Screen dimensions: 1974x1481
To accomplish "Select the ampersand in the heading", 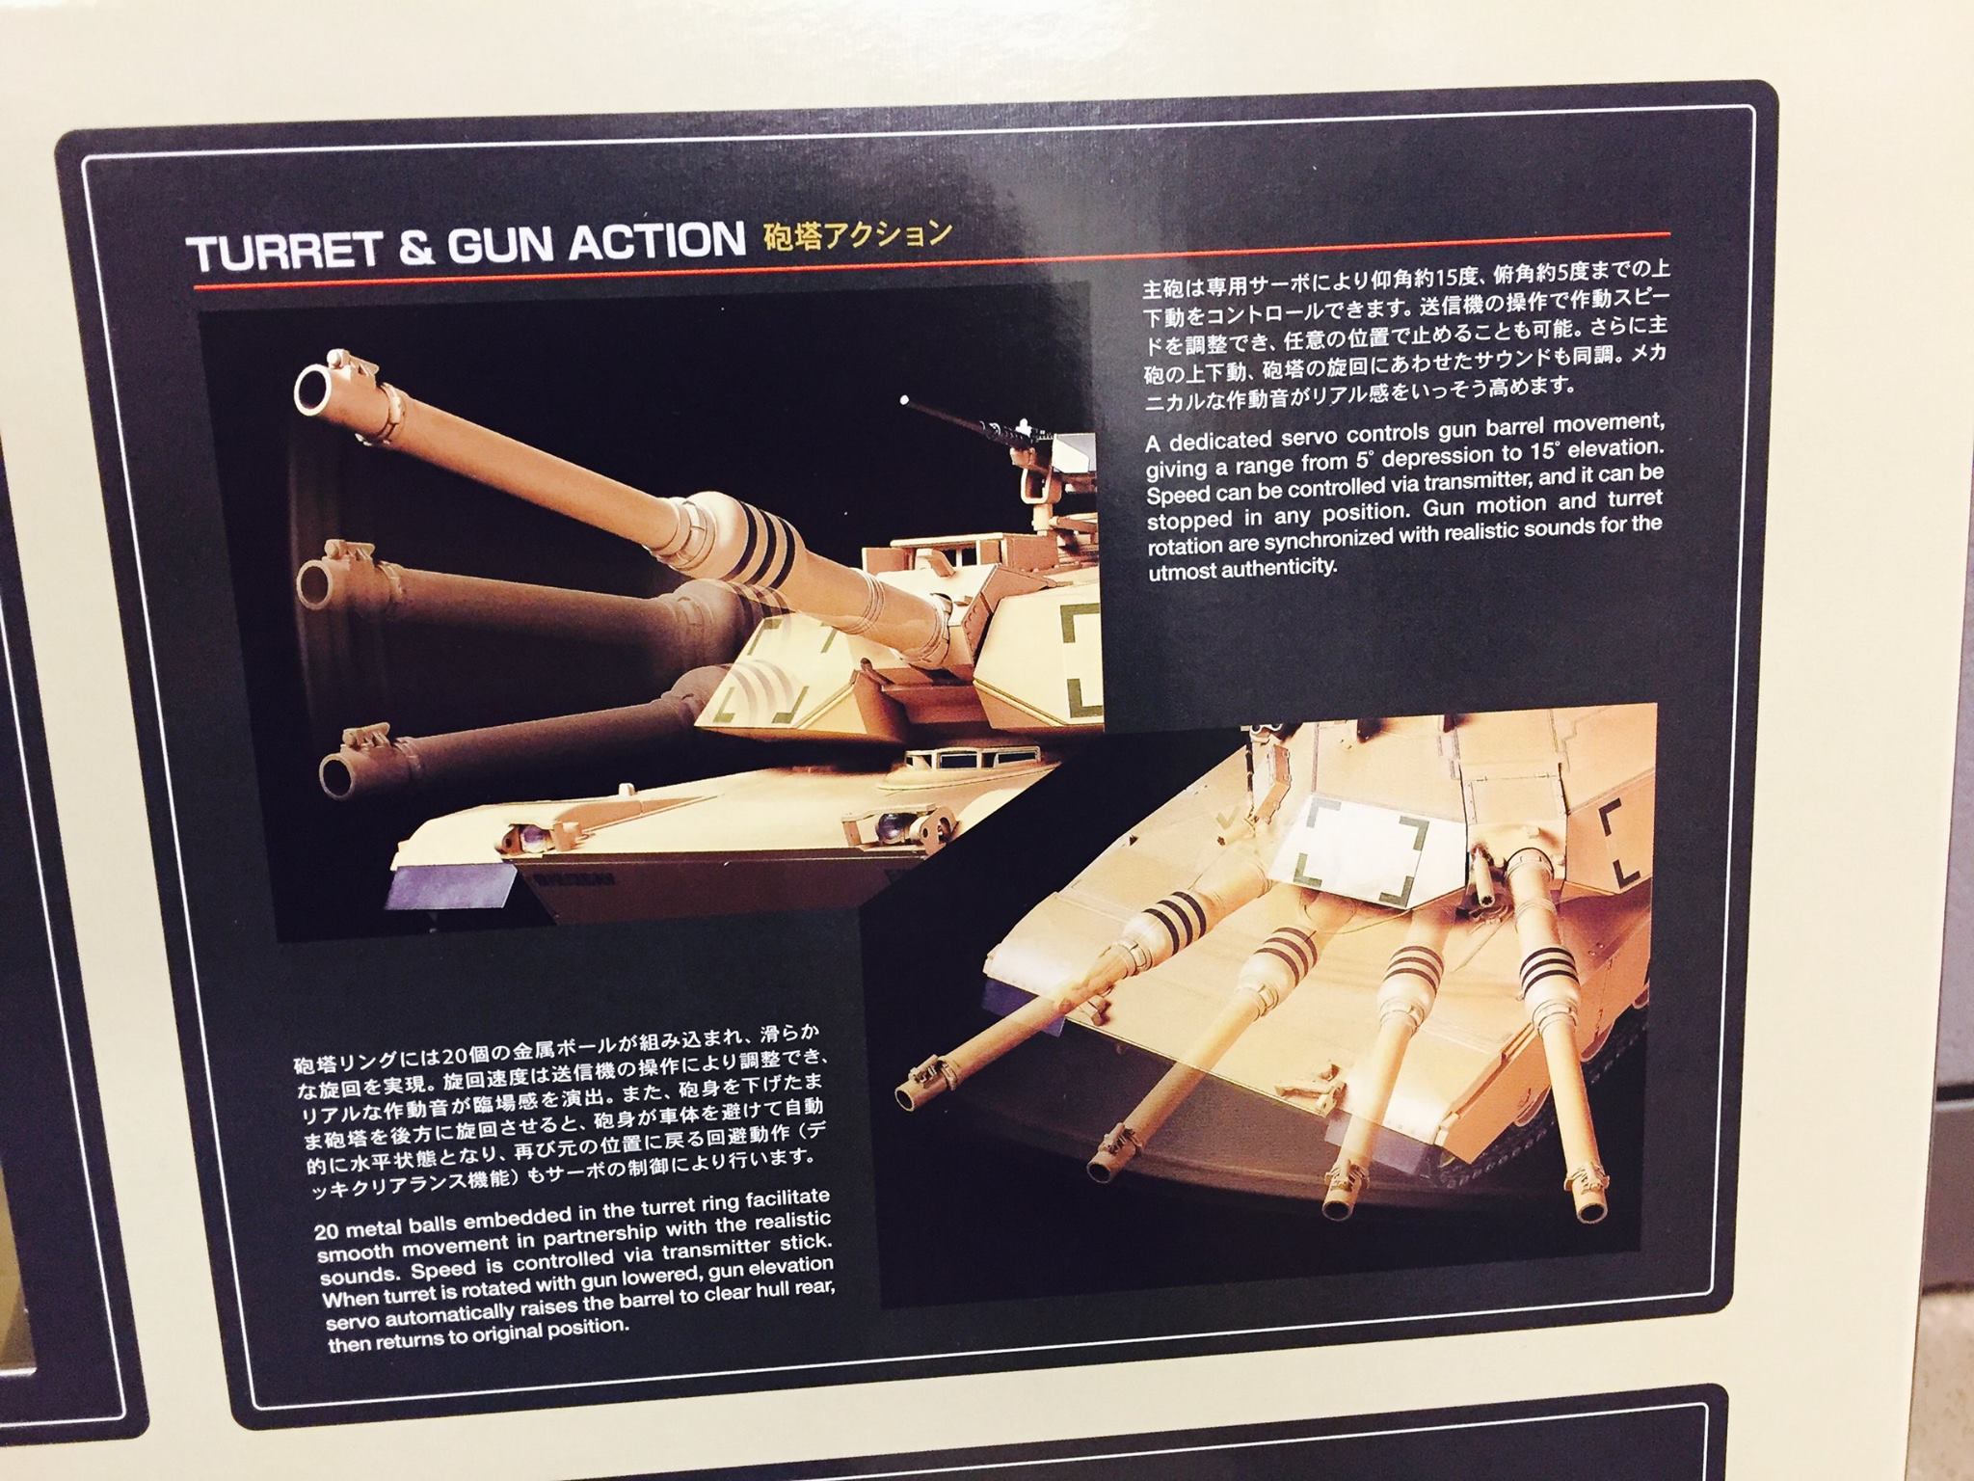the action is point(398,249).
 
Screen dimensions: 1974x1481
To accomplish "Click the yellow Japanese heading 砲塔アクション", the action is point(856,237).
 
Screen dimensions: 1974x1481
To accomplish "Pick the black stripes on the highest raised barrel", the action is point(772,543).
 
